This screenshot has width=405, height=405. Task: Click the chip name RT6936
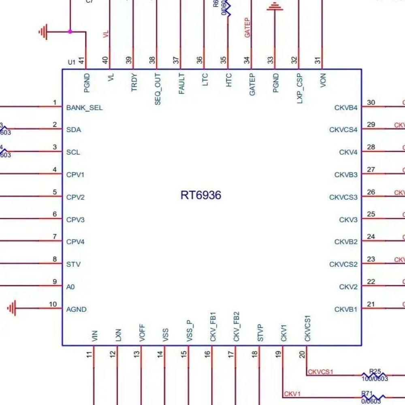point(201,195)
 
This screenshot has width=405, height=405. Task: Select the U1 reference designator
point(72,62)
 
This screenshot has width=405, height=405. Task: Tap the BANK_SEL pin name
point(84,108)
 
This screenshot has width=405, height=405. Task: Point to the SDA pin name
point(73,130)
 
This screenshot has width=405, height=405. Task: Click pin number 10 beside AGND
point(53,304)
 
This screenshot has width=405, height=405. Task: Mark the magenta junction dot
point(70,31)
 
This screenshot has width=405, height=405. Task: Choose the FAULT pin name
point(181,84)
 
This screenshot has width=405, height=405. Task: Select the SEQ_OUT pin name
point(158,89)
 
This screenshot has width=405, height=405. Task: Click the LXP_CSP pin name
point(300,88)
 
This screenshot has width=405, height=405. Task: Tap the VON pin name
point(323,81)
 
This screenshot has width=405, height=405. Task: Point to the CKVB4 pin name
point(346,108)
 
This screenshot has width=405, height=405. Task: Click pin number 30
point(371,102)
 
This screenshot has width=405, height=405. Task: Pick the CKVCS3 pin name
point(343,198)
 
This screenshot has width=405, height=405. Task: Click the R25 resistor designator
point(375,371)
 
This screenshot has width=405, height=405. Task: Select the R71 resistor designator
point(367,394)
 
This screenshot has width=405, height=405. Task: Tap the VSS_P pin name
point(190,332)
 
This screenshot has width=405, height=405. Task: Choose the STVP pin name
point(260,333)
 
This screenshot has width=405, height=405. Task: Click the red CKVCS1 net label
point(320,372)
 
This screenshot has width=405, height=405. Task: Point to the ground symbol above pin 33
point(275,7)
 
